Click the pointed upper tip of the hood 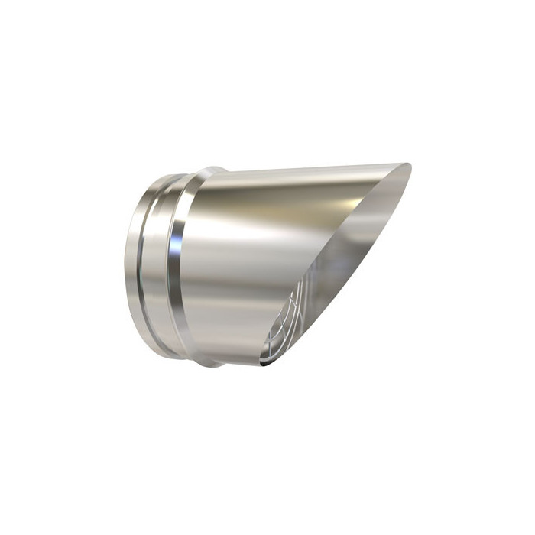click(x=408, y=166)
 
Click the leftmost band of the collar click(x=131, y=264)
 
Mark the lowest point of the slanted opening click(x=264, y=365)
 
